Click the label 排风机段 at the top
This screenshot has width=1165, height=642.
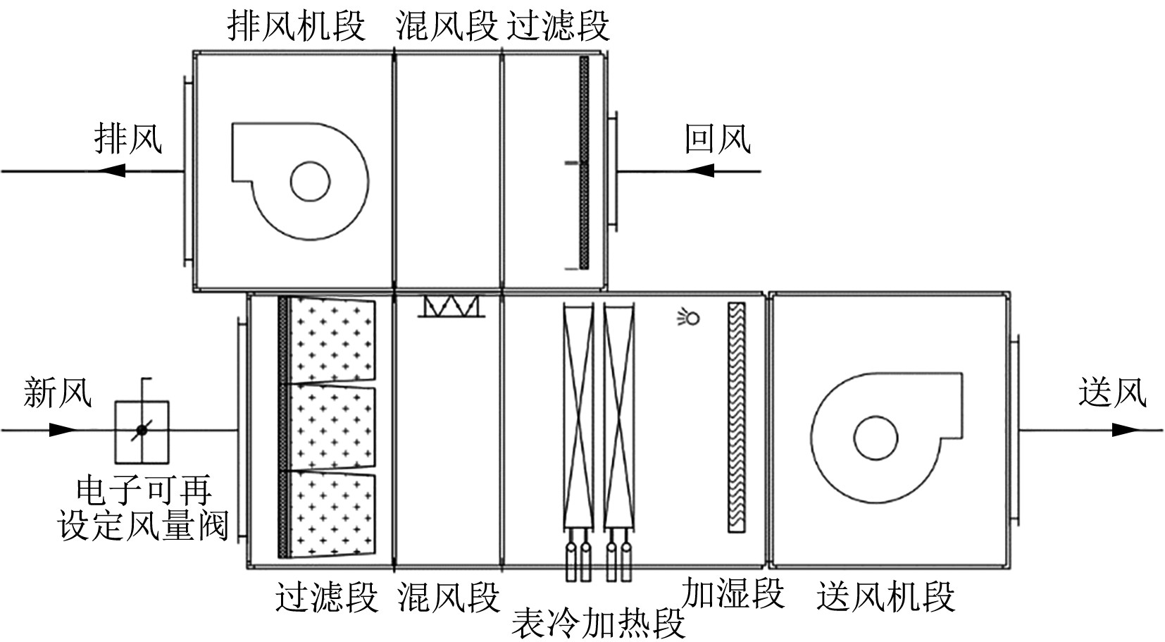tap(297, 27)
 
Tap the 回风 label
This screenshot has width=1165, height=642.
tap(718, 139)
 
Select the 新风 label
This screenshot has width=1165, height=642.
tap(57, 392)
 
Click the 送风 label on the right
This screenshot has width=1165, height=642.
tap(1111, 392)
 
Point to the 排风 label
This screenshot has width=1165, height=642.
tap(128, 138)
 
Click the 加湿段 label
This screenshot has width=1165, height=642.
tap(733, 593)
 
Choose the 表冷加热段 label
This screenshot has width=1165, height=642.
tap(598, 623)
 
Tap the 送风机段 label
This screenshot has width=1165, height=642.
tap(885, 596)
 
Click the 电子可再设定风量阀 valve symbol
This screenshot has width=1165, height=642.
tap(142, 429)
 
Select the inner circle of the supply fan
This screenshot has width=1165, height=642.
tap(876, 438)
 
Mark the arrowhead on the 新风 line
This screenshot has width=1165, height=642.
tap(63, 429)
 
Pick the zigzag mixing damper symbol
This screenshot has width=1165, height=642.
tap(451, 306)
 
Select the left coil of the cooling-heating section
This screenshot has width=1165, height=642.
tap(578, 416)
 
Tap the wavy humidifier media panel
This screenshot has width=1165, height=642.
tap(736, 416)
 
